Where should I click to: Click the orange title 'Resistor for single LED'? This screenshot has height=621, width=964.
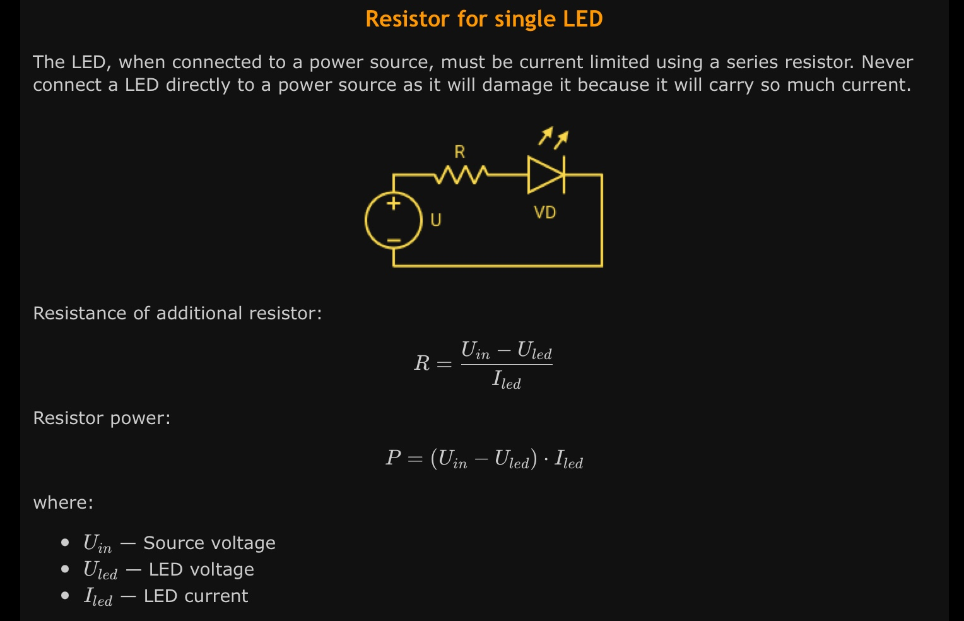(x=484, y=19)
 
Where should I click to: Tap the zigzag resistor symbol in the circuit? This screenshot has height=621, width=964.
(x=461, y=174)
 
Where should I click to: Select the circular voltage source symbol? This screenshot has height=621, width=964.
(x=394, y=220)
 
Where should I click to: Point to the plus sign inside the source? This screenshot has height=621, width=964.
(x=394, y=203)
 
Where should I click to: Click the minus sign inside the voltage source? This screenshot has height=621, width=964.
(x=394, y=240)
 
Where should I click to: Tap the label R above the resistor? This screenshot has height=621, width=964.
(x=460, y=152)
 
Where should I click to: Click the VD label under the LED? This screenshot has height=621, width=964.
(x=545, y=213)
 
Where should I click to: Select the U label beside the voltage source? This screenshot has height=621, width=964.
(x=436, y=220)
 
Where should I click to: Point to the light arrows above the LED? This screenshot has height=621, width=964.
(x=553, y=138)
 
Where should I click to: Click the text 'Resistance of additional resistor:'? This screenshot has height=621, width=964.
(x=177, y=314)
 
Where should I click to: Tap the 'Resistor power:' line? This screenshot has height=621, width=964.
(x=102, y=418)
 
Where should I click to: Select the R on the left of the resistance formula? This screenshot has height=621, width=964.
(x=422, y=364)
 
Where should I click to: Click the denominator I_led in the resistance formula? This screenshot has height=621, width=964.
(x=507, y=380)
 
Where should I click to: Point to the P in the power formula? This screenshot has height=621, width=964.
(x=393, y=458)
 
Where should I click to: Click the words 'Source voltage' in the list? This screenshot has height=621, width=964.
(x=209, y=543)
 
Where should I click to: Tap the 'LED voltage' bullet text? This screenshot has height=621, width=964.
(x=201, y=570)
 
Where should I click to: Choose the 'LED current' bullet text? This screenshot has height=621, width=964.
(x=196, y=596)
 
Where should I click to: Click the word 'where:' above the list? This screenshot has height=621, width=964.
(x=63, y=503)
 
